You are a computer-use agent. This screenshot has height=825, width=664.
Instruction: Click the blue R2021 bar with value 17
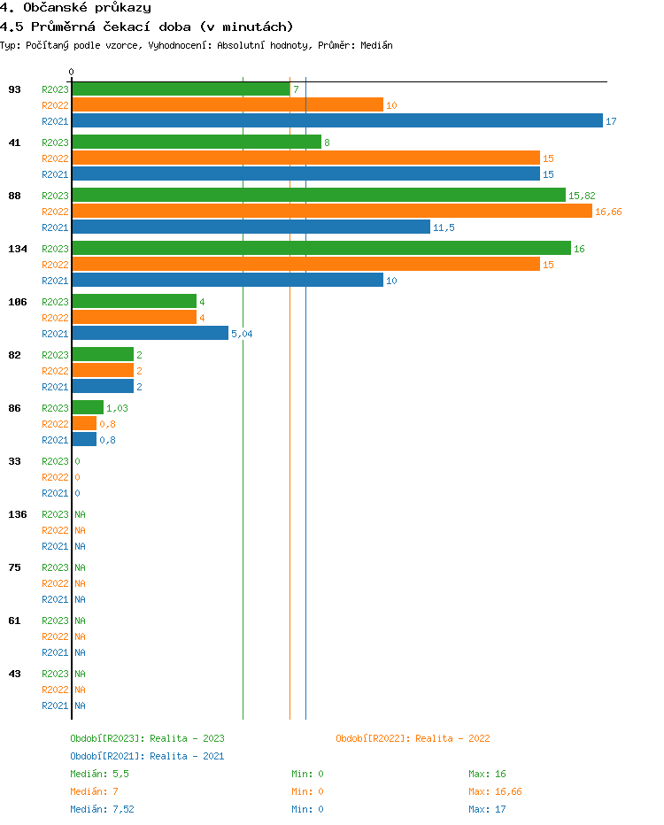pyautogui.click(x=336, y=121)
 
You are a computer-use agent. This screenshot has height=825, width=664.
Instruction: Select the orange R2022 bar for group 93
pyautogui.click(x=227, y=105)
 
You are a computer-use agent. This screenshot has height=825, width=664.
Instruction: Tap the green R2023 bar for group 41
pyautogui.click(x=196, y=143)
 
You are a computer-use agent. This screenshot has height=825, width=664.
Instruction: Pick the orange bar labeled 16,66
pyautogui.click(x=331, y=212)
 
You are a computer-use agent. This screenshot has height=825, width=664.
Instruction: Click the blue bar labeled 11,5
pyautogui.click(x=251, y=227)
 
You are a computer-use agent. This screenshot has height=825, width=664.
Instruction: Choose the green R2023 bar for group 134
pyautogui.click(x=320, y=249)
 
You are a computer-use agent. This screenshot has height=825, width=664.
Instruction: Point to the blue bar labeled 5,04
pyautogui.click(x=150, y=334)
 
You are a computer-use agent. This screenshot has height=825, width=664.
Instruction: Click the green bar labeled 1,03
pyautogui.click(x=87, y=408)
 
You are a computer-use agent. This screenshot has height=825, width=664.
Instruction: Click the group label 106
pyautogui.click(x=17, y=302)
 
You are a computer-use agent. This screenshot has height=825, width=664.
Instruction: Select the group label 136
pyautogui.click(x=17, y=514)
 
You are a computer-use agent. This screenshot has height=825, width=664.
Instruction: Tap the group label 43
pyautogui.click(x=14, y=674)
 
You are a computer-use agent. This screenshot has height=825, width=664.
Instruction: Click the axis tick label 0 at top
pyautogui.click(x=72, y=72)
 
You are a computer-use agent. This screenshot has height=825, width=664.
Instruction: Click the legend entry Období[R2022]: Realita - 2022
pyautogui.click(x=413, y=738)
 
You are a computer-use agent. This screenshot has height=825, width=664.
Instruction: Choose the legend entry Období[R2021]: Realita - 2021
pyautogui.click(x=147, y=756)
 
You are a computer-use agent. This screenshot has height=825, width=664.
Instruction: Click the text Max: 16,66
pyautogui.click(x=495, y=791)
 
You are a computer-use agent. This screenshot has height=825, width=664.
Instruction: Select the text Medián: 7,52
pyautogui.click(x=102, y=809)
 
